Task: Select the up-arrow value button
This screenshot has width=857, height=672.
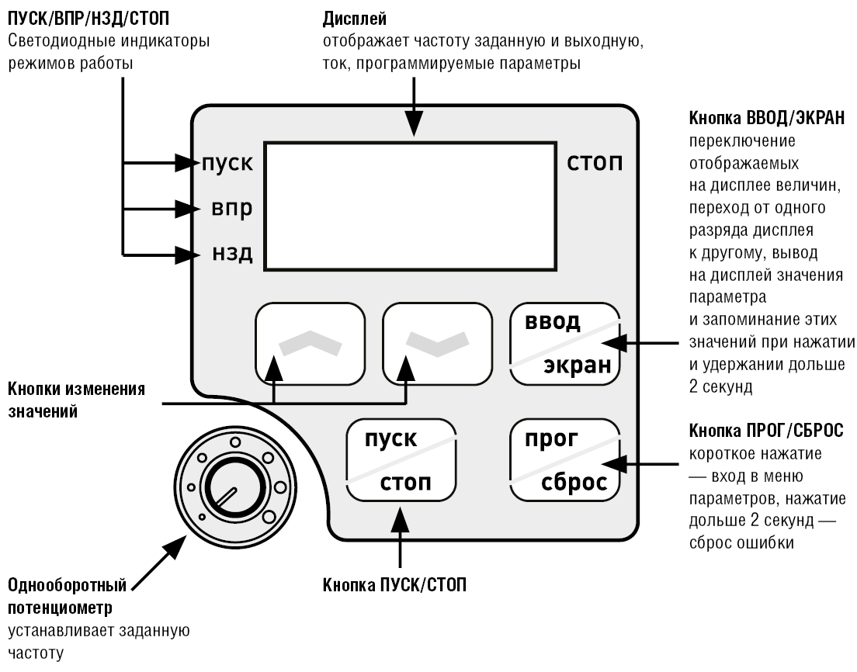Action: pos(311,342)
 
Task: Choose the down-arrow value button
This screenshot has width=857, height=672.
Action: pos(438,342)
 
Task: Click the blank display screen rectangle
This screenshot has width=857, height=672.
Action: pos(411,206)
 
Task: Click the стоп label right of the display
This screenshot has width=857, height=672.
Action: pos(595,164)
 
